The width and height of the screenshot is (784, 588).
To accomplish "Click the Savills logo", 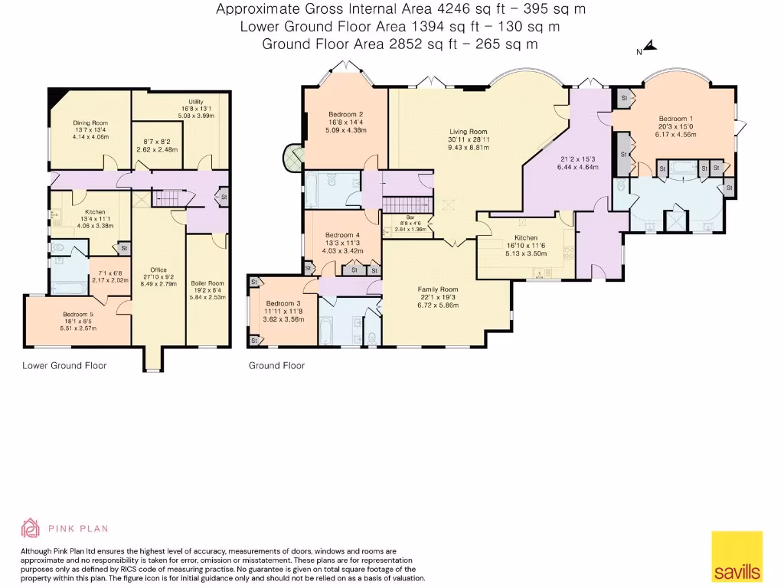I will point(737,556).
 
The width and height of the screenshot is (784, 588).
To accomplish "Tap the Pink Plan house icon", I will point(30,528).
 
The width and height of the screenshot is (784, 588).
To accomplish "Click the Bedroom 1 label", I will point(675,119).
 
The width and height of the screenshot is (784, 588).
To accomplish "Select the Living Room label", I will point(467,132).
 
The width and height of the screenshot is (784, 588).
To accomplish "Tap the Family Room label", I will point(438,289).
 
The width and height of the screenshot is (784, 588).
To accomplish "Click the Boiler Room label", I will point(207,283).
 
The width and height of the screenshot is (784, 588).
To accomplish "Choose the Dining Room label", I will point(90,123).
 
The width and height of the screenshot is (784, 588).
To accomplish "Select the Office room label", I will point(158,269).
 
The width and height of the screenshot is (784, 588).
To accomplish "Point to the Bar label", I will point(398,217).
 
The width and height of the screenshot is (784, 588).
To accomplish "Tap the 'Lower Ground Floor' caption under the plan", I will point(64,366).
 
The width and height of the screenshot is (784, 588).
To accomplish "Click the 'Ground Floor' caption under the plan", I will point(276,366).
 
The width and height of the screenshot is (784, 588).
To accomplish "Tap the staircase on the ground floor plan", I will point(397,204).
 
